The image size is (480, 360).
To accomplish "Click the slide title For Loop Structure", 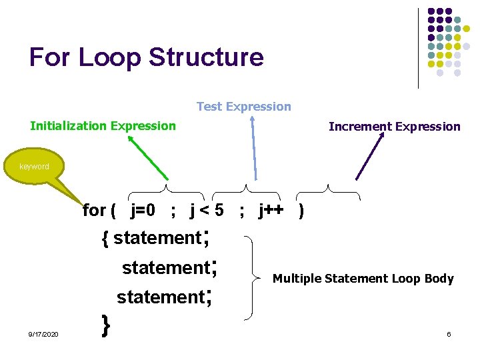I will tap(147, 57).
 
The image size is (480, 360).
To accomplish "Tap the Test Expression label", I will tap(244, 107).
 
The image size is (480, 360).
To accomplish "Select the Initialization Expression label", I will tap(103, 126).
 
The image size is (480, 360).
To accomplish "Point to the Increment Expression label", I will tap(394, 127).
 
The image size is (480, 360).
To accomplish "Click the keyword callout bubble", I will tap(34, 167).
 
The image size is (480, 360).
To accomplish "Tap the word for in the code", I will tap(94, 211).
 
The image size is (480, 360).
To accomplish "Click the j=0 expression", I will tap(143, 211).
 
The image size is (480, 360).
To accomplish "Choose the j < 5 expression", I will tap(207, 211).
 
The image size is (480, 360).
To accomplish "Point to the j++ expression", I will tap(271, 211).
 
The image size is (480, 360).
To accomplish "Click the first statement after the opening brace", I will tap(157, 238).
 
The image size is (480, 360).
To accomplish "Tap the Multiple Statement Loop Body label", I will tap(363, 279).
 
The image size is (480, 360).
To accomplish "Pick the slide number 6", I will tap(449, 333).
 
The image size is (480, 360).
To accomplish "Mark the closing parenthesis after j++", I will tap(303, 211).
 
